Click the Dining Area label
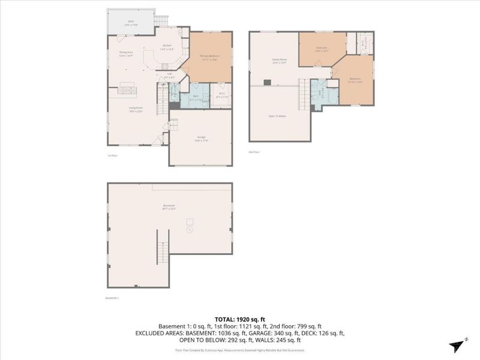coord(125,53)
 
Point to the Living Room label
coord(135,109)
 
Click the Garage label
coord(201,138)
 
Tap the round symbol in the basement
coord(189,229)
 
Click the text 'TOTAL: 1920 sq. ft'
coord(239,319)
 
